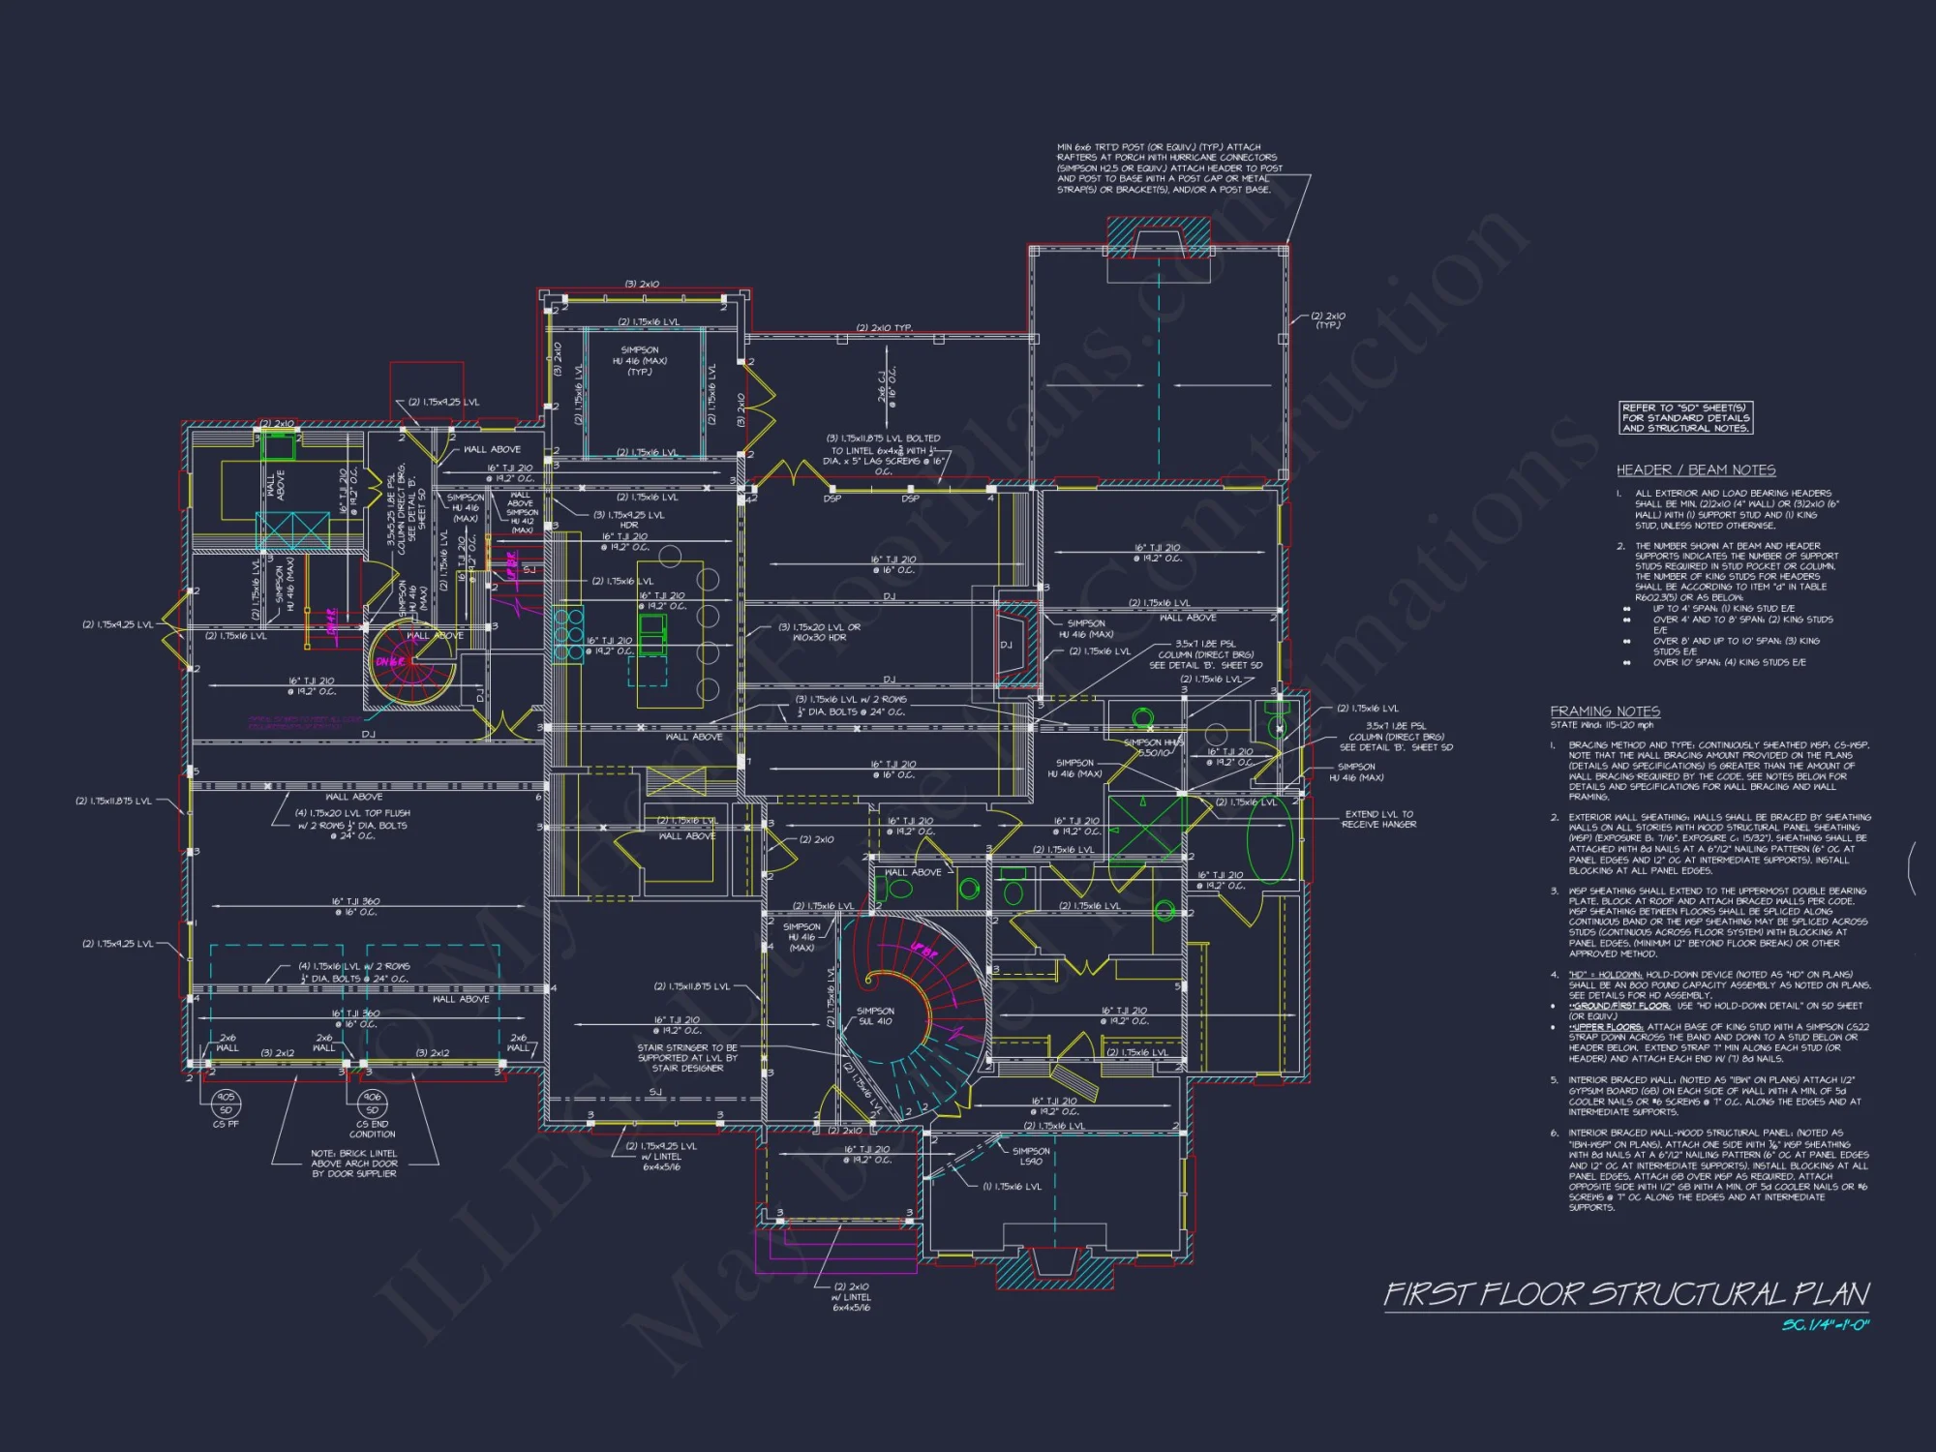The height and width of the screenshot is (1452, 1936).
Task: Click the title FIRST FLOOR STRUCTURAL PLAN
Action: click(x=1626, y=1294)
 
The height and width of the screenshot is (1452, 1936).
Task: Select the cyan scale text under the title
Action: click(x=1825, y=1324)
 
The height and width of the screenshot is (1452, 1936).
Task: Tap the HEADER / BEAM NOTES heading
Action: click(x=1696, y=470)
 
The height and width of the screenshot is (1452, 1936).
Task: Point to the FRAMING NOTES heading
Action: click(x=1605, y=711)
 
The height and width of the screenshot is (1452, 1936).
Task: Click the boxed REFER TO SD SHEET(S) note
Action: click(x=1685, y=418)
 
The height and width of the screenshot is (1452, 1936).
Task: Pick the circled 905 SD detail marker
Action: click(x=226, y=1104)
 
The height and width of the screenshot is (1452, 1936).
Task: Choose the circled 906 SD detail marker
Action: click(x=372, y=1104)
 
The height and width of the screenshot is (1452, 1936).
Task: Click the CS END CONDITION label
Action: click(x=373, y=1129)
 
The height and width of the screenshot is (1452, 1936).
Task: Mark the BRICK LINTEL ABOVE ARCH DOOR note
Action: click(x=354, y=1164)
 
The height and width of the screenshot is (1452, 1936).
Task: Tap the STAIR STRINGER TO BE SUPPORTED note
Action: click(x=687, y=1058)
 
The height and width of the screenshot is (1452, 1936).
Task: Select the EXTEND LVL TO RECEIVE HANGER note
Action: click(x=1378, y=819)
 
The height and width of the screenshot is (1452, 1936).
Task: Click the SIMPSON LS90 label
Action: click(x=1031, y=1156)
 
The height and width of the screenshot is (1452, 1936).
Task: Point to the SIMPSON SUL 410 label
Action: click(x=875, y=1015)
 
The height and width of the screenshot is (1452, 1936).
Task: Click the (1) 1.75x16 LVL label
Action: click(x=1013, y=1187)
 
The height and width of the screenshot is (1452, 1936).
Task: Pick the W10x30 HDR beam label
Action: click(x=819, y=632)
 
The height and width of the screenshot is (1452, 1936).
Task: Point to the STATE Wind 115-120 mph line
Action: click(x=1602, y=725)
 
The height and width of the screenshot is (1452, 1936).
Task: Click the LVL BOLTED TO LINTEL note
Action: click(x=883, y=450)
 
